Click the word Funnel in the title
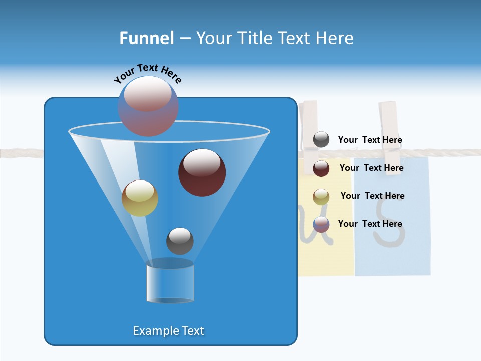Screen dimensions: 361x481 (146, 38)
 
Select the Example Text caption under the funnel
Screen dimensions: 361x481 (168, 331)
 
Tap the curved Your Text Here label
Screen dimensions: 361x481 (147, 73)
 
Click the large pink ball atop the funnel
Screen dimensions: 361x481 (148, 106)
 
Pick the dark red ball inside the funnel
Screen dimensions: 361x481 (202, 172)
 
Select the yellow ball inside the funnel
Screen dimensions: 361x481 (140, 198)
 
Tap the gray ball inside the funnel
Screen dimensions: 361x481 (180, 241)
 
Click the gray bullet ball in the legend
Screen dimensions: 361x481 (321, 140)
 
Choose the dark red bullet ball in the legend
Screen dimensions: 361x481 (321, 168)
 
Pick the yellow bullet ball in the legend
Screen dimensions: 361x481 (321, 197)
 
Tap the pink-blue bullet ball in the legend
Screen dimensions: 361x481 (321, 224)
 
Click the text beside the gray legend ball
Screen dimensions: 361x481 (370, 140)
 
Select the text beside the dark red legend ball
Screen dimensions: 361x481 (371, 168)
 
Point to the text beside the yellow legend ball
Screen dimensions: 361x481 (372, 196)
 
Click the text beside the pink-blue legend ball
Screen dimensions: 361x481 (370, 224)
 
